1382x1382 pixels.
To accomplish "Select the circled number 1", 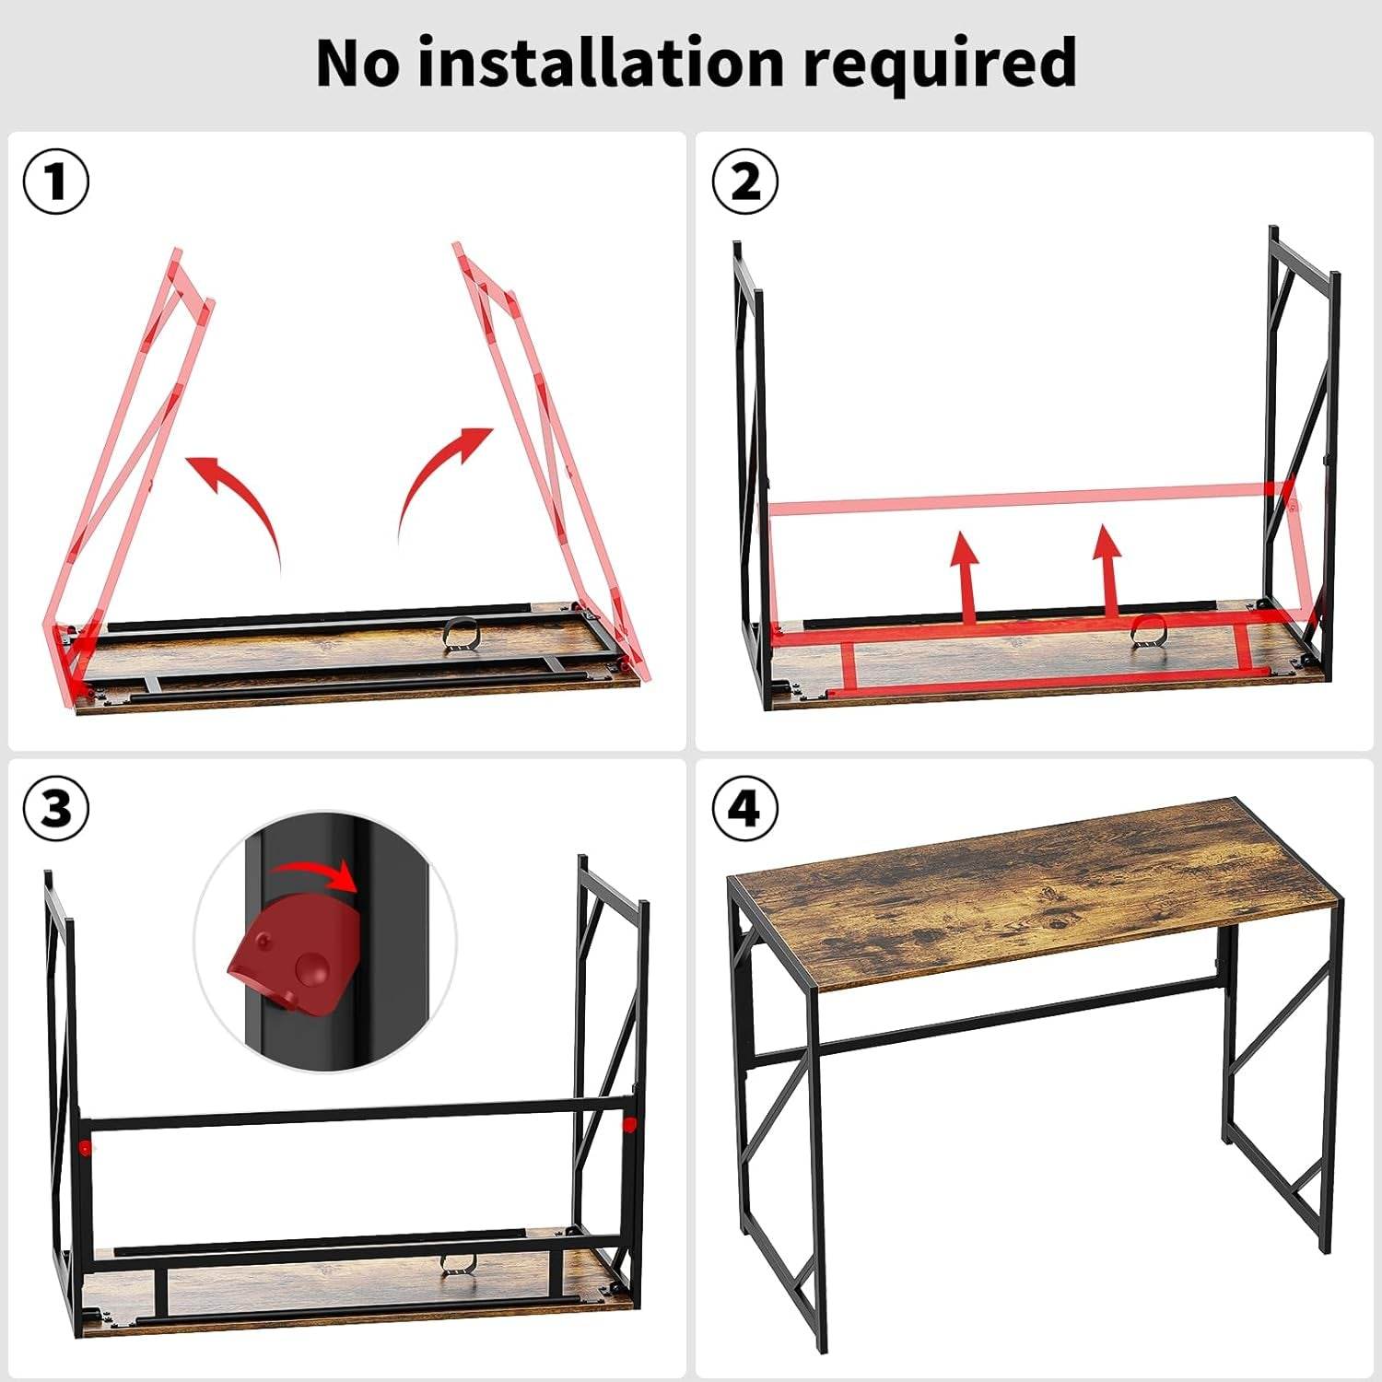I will pos(56,182).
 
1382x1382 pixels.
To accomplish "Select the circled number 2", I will pos(745,182).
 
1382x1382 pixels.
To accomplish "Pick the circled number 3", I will pos(56,809).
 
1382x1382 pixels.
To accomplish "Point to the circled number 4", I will pos(745,809).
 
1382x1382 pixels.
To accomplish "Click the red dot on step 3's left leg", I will pos(85,1147).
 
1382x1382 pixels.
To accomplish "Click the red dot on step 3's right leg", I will pos(629,1124).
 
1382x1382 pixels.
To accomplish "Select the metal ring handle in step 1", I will pos(462,636).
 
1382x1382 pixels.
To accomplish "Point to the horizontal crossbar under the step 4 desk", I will pos(1013,1013).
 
